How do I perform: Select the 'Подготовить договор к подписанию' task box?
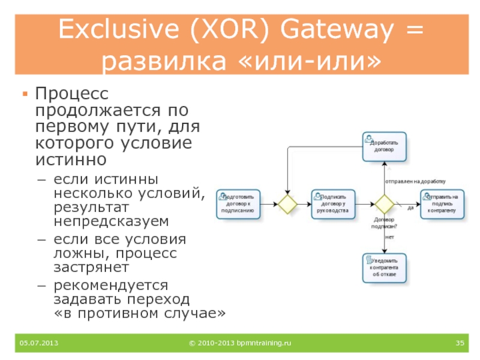point(239,204)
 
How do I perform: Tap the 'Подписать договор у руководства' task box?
point(334,204)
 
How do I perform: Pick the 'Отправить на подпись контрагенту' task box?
point(442,204)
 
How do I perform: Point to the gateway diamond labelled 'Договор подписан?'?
point(384,204)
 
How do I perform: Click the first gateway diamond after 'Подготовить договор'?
point(287,204)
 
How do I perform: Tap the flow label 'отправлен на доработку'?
point(415,181)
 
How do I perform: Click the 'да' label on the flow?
point(410,208)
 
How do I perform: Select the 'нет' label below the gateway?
point(389,238)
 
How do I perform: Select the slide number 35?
point(460,343)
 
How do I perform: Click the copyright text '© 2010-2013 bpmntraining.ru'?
point(239,343)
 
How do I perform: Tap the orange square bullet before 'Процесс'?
point(25,94)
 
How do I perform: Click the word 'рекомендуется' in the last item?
point(111,284)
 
